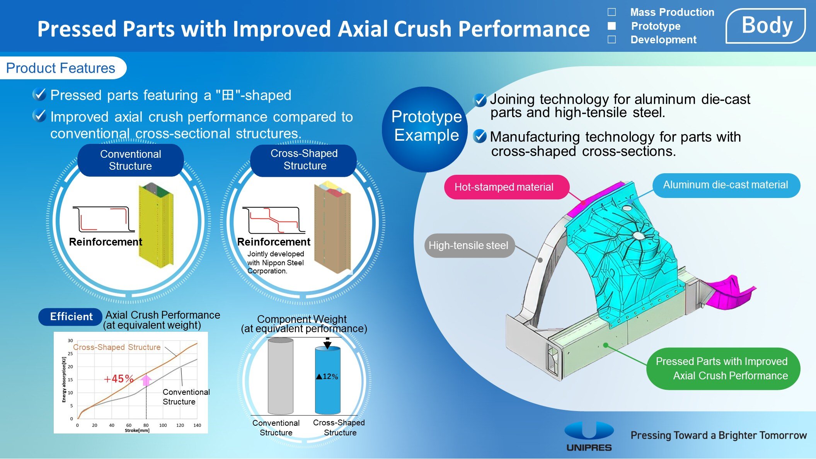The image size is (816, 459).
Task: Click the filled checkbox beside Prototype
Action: [612, 26]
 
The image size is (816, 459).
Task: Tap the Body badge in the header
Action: [766, 26]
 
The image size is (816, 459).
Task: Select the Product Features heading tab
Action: [61, 68]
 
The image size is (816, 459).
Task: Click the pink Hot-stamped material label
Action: [504, 187]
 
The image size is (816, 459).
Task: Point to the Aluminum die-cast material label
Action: [726, 185]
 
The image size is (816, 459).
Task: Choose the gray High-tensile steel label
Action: [468, 246]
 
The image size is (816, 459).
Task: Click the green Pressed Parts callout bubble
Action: [722, 368]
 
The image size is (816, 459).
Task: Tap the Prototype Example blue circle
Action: [426, 126]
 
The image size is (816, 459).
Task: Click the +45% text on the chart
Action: [119, 379]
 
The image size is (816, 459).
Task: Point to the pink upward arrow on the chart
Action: [146, 380]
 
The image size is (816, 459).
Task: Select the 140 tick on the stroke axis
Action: [197, 425]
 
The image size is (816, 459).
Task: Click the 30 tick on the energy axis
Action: [70, 341]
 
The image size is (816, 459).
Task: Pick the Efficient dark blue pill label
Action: [71, 317]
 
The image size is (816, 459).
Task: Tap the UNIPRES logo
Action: [589, 437]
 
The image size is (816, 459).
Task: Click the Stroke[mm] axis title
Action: [137, 430]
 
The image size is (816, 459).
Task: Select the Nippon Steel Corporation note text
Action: [275, 263]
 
